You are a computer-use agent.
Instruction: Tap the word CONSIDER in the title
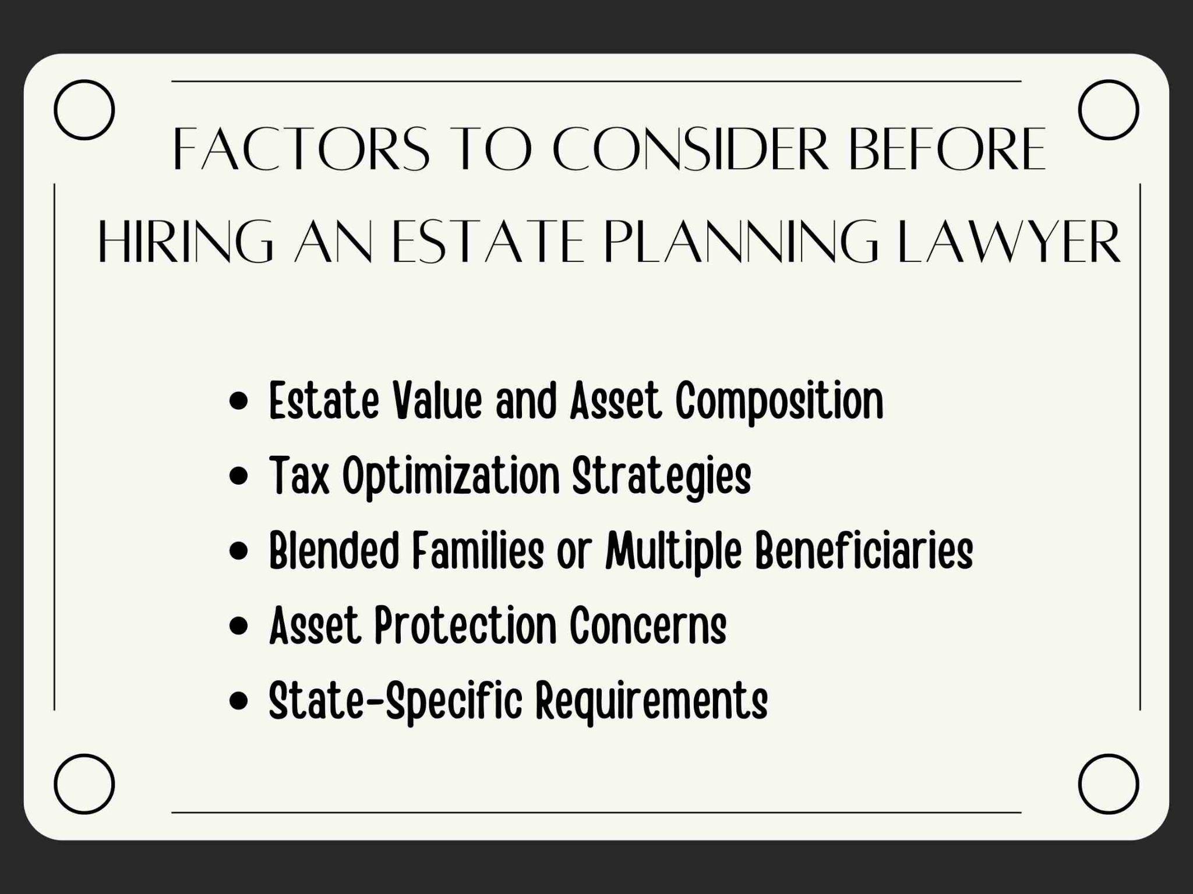point(690,149)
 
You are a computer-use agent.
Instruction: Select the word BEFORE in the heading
point(947,149)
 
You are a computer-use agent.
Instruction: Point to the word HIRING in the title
point(185,241)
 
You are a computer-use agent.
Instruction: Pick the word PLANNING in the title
point(740,241)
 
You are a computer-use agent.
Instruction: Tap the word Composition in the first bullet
point(779,402)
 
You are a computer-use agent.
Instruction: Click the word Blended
point(334,550)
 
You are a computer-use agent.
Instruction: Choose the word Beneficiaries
point(864,551)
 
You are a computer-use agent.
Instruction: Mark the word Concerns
point(648,626)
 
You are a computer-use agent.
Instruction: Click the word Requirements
point(651,701)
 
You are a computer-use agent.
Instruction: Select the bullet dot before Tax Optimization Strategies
point(239,477)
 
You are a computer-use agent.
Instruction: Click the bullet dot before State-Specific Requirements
point(239,701)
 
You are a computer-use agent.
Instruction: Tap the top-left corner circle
point(84,110)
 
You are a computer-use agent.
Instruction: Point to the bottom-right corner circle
point(1109,784)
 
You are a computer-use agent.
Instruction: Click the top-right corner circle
point(1109,110)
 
